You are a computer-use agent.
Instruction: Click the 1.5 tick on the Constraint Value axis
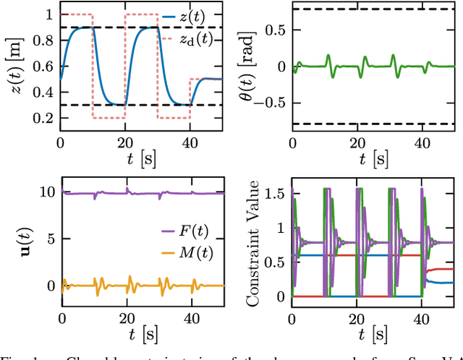point(275,193)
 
